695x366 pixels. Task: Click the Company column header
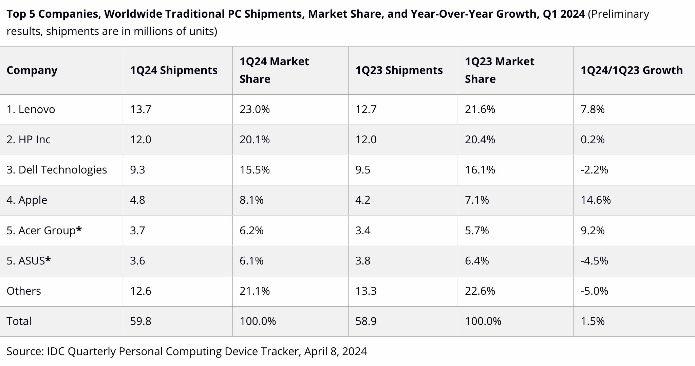coord(32,70)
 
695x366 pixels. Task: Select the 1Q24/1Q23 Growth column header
coord(632,70)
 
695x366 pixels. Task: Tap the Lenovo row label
coord(31,109)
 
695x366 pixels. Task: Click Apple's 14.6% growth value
coord(596,200)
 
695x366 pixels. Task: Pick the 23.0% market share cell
coord(255,109)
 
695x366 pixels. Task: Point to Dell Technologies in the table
coord(57,170)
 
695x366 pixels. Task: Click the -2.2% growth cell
coord(594,170)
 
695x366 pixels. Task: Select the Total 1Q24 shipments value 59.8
coord(140,321)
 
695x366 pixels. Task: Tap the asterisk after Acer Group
coord(79,230)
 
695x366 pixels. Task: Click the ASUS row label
coord(29,261)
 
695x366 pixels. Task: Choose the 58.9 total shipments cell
coord(366,321)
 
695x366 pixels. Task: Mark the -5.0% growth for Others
coord(594,291)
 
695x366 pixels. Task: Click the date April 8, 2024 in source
coord(335,351)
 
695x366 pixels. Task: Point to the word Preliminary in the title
coord(618,14)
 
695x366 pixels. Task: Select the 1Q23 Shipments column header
coord(399,70)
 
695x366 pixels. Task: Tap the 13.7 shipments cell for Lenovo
coord(140,109)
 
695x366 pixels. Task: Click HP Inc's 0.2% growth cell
coord(593,140)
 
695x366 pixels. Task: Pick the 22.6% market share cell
coord(480,291)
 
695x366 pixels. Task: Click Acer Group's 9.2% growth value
coord(593,231)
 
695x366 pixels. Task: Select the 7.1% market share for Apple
coord(477,200)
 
